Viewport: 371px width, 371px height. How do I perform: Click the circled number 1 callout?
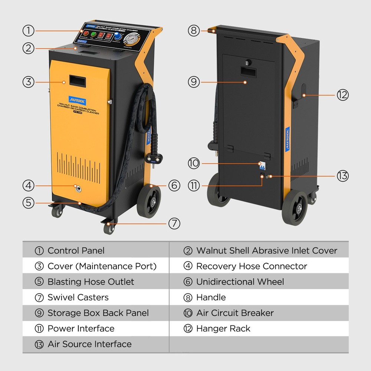pos(28,31)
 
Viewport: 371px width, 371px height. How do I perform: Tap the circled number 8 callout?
pos(194,30)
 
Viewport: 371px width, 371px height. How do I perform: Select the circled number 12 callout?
pos(342,95)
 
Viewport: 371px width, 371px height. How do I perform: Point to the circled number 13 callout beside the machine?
pos(342,175)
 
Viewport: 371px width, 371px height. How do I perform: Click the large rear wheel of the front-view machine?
pos(148,201)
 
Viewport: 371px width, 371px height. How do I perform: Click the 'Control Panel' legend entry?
pos(76,251)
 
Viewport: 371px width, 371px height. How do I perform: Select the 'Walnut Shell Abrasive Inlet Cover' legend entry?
pos(266,251)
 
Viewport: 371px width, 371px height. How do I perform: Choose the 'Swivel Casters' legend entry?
pos(78,298)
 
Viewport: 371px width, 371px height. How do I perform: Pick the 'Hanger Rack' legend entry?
pos(223,329)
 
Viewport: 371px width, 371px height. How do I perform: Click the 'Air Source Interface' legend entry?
pos(89,344)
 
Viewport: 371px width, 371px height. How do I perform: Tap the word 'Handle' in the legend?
pos(211,298)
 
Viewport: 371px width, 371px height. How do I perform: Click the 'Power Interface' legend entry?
pos(81,329)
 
